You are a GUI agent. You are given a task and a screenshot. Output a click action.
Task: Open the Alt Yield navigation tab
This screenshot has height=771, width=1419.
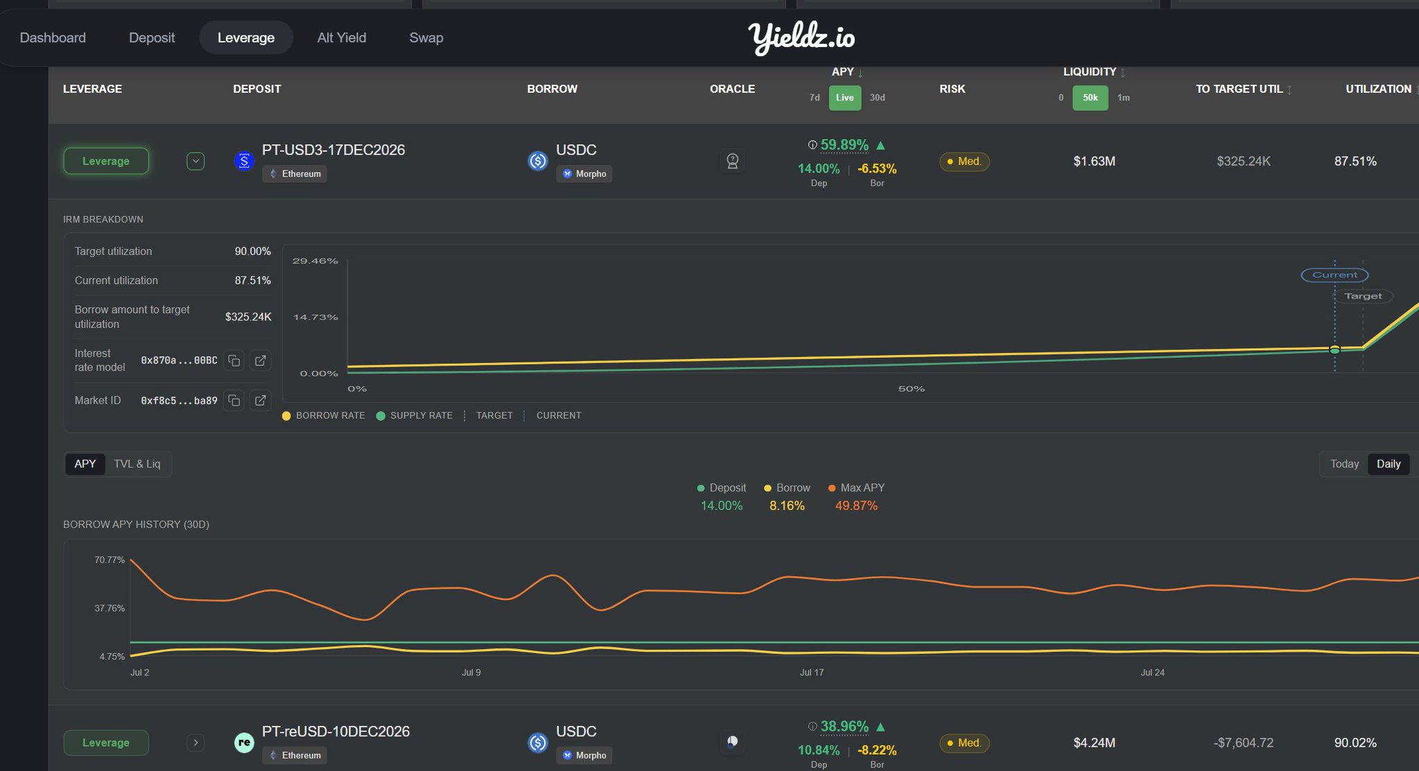coord(341,37)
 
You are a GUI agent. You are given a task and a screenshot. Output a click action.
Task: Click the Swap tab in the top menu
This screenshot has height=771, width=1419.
coord(426,37)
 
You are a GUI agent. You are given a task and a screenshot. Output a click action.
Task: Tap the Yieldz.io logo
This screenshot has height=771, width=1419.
coord(801,37)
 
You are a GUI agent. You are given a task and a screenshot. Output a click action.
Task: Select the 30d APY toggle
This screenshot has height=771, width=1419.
coord(877,98)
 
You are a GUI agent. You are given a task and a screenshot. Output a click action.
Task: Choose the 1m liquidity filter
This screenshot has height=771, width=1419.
coord(1124,98)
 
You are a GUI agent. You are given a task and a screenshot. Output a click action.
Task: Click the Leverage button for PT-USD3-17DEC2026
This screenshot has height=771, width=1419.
coord(106,161)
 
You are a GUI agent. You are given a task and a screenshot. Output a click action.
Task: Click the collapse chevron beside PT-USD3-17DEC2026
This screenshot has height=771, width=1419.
coord(195,162)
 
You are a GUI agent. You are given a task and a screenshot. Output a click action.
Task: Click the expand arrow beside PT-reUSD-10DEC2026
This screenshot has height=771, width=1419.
coord(195,743)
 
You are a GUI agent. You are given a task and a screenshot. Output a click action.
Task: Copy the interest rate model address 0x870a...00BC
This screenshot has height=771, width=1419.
coord(234,361)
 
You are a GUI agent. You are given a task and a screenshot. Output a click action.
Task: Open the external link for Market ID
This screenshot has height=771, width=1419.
coord(260,401)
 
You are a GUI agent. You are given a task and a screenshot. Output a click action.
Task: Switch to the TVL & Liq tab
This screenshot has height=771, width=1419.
coord(137,464)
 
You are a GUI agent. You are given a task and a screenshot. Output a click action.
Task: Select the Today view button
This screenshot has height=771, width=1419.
coord(1344,464)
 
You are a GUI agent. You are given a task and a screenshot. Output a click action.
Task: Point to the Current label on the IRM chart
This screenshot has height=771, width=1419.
coord(1334,275)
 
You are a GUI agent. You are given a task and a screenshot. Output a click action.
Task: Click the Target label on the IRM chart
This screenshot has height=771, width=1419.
coord(1363,296)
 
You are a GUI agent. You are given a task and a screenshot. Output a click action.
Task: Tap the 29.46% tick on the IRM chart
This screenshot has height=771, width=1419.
coord(315,261)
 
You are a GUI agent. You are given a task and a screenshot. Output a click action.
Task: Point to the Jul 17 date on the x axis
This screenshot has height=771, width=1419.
coord(812,673)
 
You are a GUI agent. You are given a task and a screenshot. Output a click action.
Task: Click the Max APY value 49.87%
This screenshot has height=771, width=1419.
coord(856,506)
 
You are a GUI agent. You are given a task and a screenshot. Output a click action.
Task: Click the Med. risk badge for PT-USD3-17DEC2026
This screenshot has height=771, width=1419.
coord(964,162)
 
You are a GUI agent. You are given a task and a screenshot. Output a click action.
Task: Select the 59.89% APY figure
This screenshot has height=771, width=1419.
coord(844,145)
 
